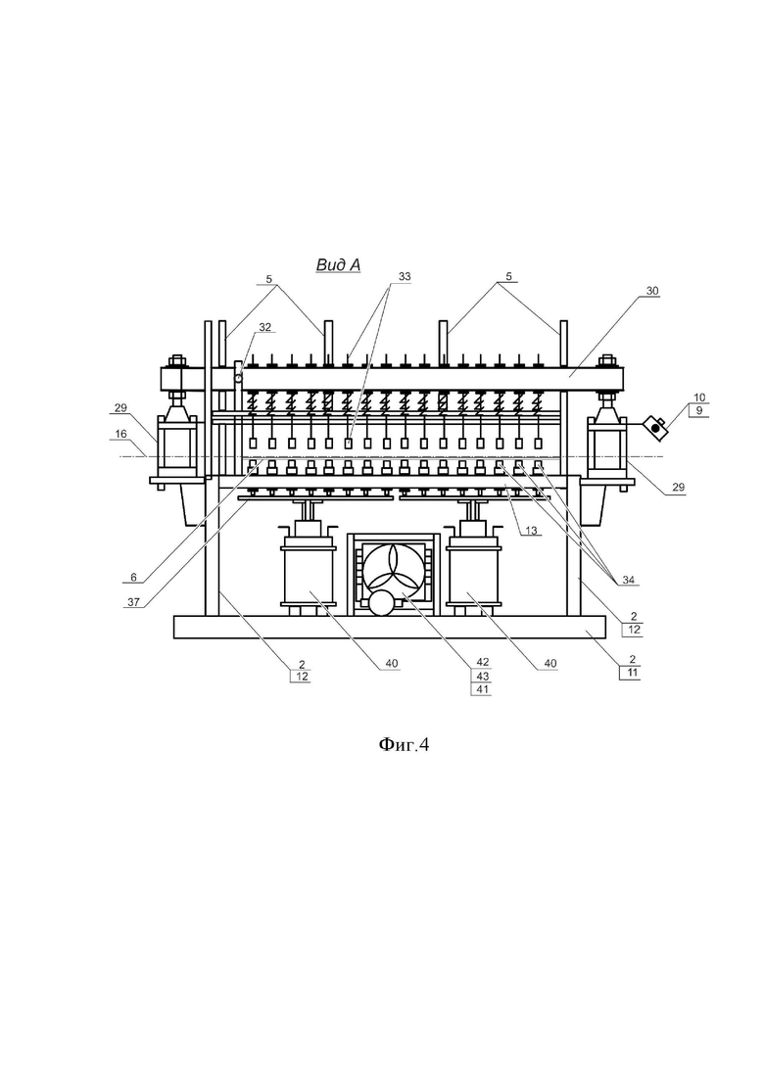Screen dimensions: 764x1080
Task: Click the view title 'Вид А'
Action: click(x=338, y=265)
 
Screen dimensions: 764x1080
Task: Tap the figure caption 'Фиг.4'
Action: click(x=404, y=744)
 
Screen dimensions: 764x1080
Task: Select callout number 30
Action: click(x=651, y=292)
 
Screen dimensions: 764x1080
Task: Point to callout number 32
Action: click(x=264, y=327)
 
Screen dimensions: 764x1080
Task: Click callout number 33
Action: click(x=405, y=276)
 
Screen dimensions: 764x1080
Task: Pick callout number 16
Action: click(x=120, y=434)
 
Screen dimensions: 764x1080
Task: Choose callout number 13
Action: click(x=531, y=531)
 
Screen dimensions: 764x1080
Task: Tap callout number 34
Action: click(x=628, y=581)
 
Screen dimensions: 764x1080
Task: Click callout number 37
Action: click(x=133, y=602)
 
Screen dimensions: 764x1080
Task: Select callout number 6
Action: click(x=133, y=577)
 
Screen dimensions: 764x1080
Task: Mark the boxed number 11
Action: click(x=633, y=673)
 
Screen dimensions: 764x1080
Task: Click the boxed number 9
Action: click(x=699, y=410)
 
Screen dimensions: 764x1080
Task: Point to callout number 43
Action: click(x=482, y=677)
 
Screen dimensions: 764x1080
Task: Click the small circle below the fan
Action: click(x=381, y=604)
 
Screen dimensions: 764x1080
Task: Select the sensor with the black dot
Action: click(x=656, y=428)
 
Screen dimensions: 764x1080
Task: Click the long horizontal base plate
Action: click(x=389, y=627)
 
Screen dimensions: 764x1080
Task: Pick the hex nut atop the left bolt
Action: click(x=175, y=361)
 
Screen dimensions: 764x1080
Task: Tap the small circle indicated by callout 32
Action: click(x=238, y=377)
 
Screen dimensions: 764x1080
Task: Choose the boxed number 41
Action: click(x=482, y=689)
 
